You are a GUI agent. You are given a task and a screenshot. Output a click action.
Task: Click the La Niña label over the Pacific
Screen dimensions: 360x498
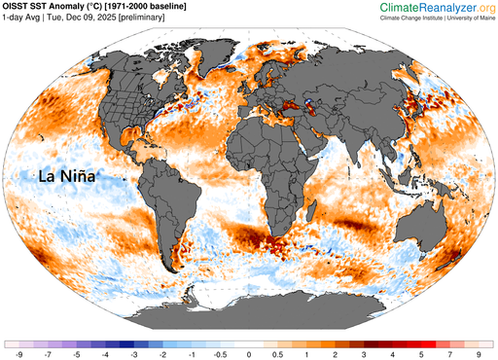(x=74, y=176)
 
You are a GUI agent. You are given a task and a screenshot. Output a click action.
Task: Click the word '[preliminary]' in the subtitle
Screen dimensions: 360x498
(x=161, y=19)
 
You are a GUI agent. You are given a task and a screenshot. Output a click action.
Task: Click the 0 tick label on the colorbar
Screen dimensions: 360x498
(x=249, y=355)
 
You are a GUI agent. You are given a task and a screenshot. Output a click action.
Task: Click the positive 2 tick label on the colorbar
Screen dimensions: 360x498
(x=336, y=355)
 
